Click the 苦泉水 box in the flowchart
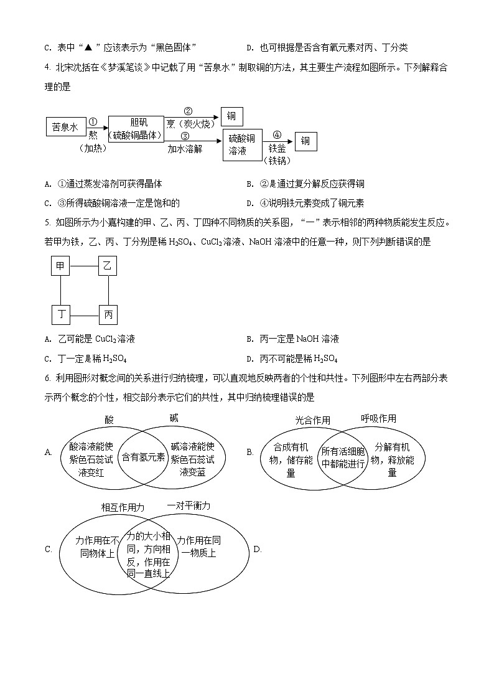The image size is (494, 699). [x=65, y=127]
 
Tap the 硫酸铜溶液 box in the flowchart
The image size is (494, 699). [x=242, y=144]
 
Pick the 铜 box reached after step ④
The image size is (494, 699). [x=305, y=141]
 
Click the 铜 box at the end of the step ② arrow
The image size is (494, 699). [x=232, y=116]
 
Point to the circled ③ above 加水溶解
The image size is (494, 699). [x=185, y=136]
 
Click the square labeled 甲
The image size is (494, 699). [x=60, y=266]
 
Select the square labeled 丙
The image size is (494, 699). [x=108, y=315]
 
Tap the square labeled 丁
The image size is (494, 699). [x=60, y=315]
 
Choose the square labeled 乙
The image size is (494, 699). [x=108, y=266]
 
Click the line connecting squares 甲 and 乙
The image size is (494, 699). [x=84, y=266]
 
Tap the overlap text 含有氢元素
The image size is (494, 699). [x=143, y=457]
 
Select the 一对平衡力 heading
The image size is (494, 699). [x=189, y=505]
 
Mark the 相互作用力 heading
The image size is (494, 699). [x=123, y=507]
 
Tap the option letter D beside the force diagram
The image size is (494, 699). [x=257, y=549]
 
